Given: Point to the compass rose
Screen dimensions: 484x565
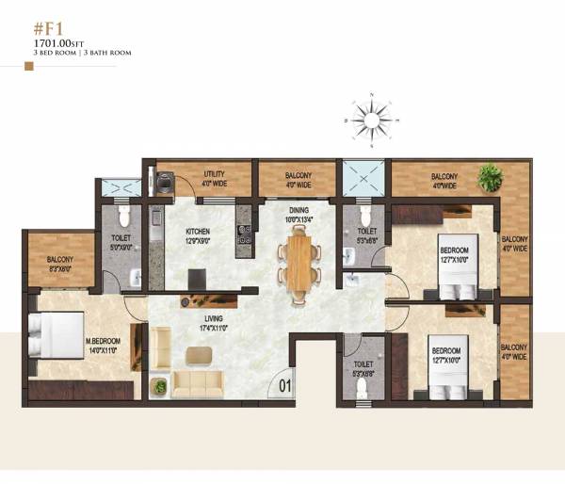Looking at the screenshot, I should pos(371,121).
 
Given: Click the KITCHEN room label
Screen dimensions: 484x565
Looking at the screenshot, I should pos(197,233).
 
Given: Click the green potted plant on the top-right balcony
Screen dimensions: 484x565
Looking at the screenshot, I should pos(489,174).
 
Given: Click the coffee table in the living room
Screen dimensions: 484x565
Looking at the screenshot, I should pos(199,355).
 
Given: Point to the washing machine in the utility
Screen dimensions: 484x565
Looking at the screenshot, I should pos(166,181).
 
